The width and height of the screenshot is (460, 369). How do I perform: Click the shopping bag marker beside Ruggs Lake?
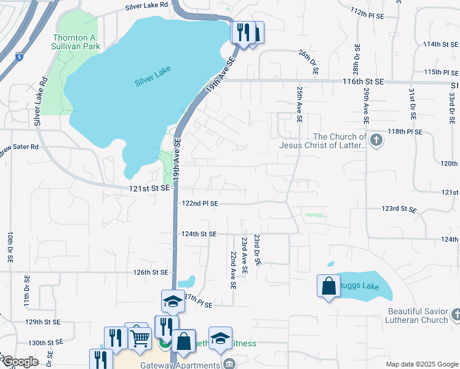(328, 286)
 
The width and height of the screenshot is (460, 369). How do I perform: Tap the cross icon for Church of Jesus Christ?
(377, 141)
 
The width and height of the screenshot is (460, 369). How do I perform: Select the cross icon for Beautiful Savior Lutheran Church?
(454, 315)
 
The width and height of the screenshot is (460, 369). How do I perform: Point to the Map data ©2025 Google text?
(421, 363)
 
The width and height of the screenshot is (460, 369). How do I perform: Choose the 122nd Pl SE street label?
(200, 203)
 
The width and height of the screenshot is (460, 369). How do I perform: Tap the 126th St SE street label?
(151, 272)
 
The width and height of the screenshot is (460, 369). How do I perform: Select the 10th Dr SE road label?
(10, 248)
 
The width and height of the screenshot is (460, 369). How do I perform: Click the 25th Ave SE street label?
(299, 105)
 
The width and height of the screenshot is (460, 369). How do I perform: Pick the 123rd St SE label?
(399, 209)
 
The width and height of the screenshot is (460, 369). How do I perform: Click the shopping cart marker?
(140, 337)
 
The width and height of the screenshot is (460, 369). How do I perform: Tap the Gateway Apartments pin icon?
(229, 365)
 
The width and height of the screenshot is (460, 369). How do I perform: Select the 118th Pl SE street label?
(404, 132)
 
